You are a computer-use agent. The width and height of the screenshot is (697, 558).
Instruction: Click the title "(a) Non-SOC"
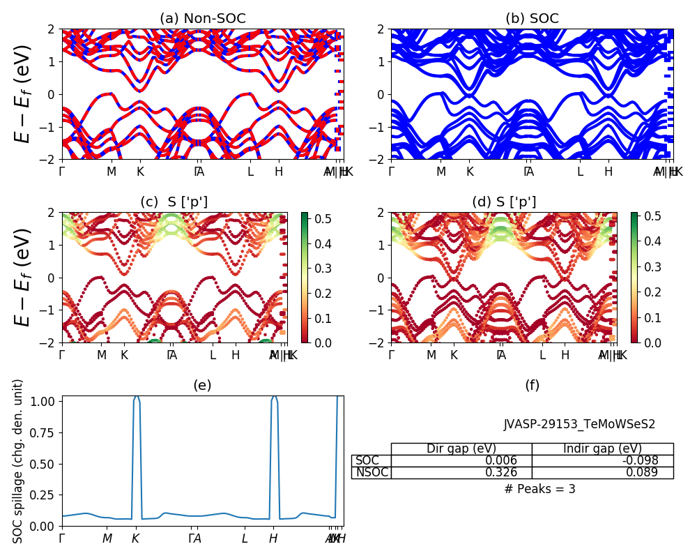tap(203, 19)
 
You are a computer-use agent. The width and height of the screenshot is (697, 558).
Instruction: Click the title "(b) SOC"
tap(532, 19)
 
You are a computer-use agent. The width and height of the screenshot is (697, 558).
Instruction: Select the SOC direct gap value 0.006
tap(502, 460)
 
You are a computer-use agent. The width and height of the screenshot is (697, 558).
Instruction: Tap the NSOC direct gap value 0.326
tap(502, 472)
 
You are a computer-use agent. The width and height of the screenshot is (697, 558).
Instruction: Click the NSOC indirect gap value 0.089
tap(643, 472)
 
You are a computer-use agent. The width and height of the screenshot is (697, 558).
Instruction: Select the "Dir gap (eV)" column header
tap(461, 448)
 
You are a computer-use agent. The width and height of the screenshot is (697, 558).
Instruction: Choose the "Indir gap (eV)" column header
tap(602, 448)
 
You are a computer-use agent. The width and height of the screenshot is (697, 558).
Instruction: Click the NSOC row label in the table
tap(372, 472)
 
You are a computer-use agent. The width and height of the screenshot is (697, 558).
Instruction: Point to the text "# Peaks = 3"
tap(539, 489)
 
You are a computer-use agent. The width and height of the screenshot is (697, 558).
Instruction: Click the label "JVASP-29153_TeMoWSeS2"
tap(579, 424)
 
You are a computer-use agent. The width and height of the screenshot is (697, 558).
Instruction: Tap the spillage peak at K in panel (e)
tap(136, 397)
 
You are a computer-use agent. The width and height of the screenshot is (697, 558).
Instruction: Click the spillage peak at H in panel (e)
tap(274, 397)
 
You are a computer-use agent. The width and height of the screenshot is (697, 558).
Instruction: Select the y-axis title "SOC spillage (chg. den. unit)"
tap(19, 461)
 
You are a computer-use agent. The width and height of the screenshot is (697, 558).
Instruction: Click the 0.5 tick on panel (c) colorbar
tap(316, 220)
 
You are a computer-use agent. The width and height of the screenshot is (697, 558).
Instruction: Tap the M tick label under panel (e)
tap(107, 538)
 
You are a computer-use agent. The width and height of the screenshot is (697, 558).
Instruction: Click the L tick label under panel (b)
tap(579, 172)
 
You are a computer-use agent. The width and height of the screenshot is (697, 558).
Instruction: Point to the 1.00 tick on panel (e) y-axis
tap(45, 402)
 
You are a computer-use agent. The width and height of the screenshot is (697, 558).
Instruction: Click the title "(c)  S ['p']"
tap(174, 202)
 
